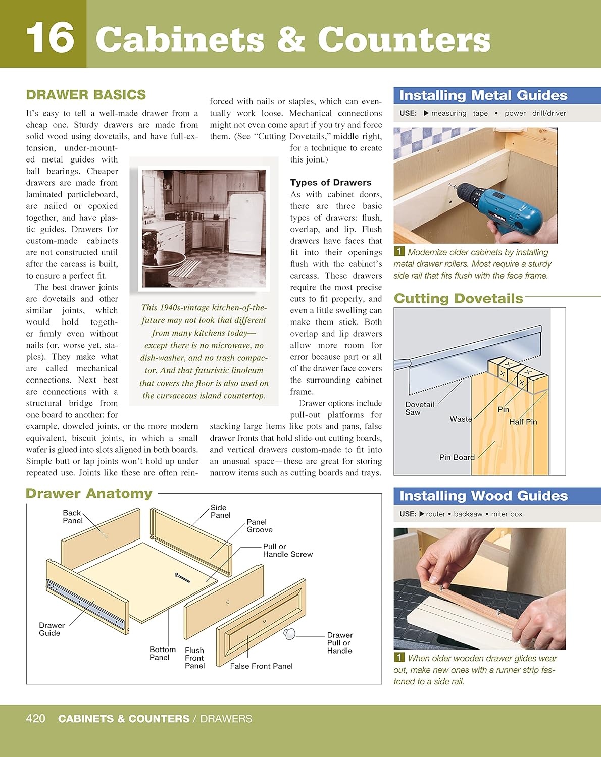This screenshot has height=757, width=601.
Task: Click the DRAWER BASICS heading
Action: [x=86, y=95]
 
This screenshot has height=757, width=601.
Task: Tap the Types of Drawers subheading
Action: [x=330, y=183]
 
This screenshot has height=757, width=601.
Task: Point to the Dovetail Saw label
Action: [x=419, y=408]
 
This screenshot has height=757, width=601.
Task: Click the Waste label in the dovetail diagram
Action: [x=461, y=419]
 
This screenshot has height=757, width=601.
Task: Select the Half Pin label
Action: [x=523, y=422]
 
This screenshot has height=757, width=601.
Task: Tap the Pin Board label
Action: [x=457, y=457]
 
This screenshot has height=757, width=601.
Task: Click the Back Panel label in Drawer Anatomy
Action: [x=72, y=516]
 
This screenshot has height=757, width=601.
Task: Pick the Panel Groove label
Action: [x=259, y=526]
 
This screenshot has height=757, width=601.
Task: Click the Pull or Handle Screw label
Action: [x=287, y=550]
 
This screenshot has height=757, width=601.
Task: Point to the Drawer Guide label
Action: [x=52, y=629]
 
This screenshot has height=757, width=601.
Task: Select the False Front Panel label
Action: [x=261, y=666]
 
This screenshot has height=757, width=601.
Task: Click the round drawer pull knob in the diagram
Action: [x=289, y=634]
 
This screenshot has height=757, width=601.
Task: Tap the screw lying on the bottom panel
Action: [x=182, y=578]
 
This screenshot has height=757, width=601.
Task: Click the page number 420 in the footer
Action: [x=35, y=718]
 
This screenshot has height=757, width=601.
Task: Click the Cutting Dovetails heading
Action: [x=458, y=298]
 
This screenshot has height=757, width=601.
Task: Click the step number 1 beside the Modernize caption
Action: [x=399, y=251]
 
